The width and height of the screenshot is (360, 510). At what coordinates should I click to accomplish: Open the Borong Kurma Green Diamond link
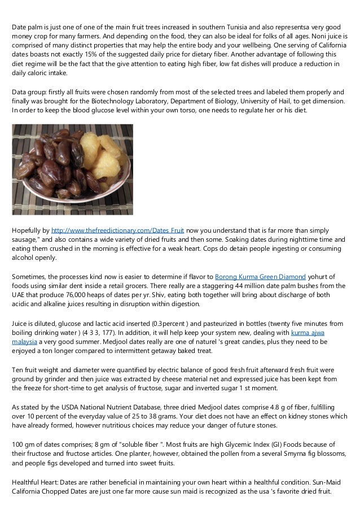tap(261, 277)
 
